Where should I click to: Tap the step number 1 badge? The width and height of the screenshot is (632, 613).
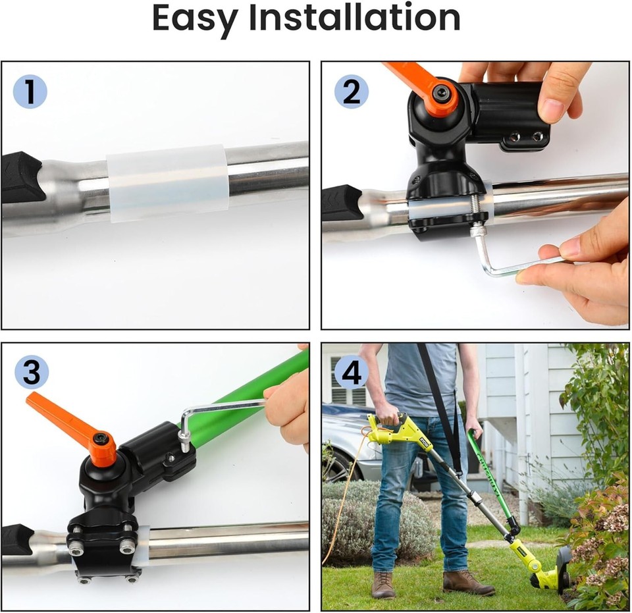[x=30, y=92]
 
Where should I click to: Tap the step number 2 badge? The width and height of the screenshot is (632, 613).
[x=351, y=92]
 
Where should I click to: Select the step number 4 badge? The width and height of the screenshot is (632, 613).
[x=351, y=373]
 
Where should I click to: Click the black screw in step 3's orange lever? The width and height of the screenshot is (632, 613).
[x=101, y=439]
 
